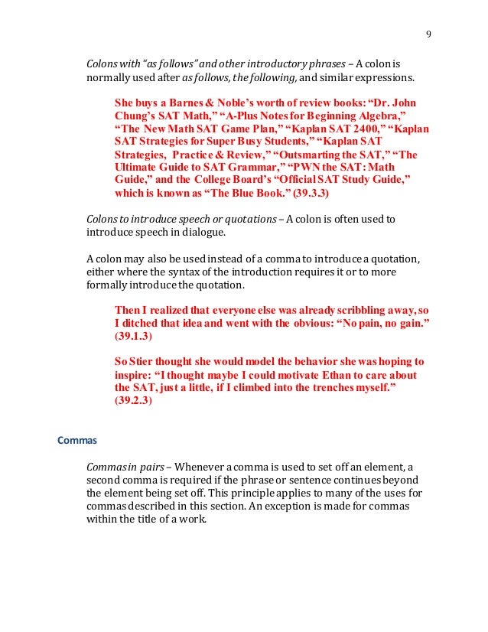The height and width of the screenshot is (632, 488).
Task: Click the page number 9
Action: tap(428, 33)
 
